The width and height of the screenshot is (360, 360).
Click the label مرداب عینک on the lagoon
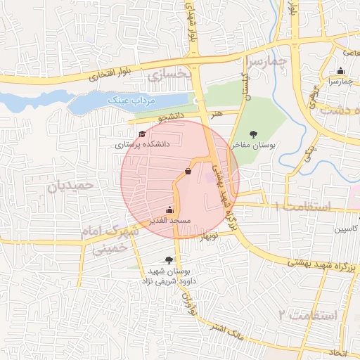pos(130,101)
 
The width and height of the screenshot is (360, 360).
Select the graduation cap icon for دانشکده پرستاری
pos(142,134)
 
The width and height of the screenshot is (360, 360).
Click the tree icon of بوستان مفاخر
pos(254,134)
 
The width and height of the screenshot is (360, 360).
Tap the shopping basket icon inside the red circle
pos(187,171)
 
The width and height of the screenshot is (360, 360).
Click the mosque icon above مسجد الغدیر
pos(169,210)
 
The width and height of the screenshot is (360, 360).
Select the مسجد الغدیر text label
pos(169,220)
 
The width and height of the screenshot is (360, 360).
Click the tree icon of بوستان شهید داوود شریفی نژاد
pos(169,260)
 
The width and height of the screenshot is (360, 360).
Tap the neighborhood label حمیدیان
pos(71,186)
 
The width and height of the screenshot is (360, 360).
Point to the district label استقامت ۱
pos(303,207)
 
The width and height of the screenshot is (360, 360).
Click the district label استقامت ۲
pos(308,315)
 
